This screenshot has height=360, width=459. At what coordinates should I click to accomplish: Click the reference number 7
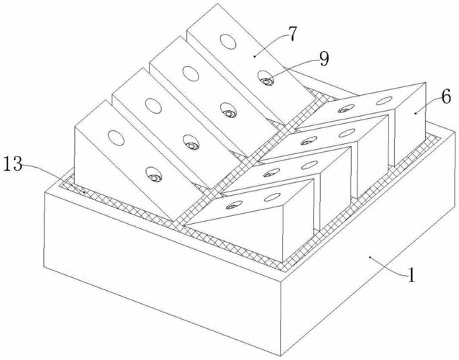(x=291, y=34)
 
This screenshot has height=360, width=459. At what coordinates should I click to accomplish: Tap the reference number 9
(x=324, y=59)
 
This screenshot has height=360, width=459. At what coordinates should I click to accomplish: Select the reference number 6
(x=446, y=97)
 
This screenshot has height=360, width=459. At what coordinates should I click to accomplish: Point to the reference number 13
(x=13, y=165)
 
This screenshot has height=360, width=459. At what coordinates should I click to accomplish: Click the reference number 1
(x=412, y=275)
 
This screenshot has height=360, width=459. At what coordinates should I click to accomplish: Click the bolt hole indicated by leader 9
(x=266, y=78)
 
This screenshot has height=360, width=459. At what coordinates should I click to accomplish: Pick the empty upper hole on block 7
(x=228, y=42)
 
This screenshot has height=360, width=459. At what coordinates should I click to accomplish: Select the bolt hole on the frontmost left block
(x=153, y=175)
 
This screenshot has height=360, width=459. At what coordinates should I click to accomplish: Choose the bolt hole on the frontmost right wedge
(x=235, y=204)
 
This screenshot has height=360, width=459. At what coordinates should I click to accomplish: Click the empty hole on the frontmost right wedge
(x=272, y=197)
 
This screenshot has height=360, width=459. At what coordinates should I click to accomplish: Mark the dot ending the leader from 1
(x=370, y=257)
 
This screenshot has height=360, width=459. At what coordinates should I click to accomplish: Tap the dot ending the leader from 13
(x=83, y=192)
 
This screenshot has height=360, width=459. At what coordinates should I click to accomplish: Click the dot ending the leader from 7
(x=255, y=55)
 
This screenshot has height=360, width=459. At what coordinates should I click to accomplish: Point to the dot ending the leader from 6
(x=415, y=112)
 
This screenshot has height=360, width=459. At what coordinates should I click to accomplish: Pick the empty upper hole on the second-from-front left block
(x=153, y=106)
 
